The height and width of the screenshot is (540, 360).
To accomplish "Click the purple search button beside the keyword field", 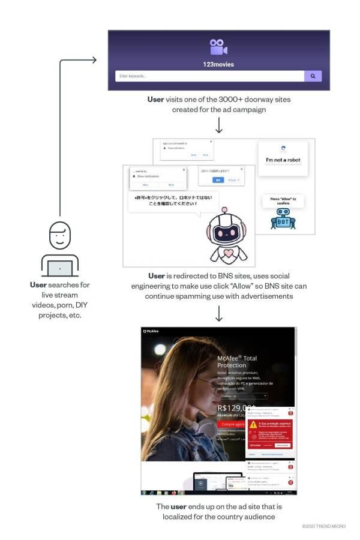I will [x=313, y=76].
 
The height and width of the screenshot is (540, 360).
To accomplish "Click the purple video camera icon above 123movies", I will [x=218, y=47].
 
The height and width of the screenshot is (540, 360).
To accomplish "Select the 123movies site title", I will [x=218, y=64].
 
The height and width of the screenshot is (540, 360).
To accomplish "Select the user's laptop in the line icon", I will [x=59, y=267].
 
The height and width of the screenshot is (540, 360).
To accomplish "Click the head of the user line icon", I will [x=59, y=235].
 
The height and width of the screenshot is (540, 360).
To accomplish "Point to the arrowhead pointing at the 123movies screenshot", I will [x=94, y=59].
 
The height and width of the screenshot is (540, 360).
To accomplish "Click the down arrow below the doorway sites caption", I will [x=219, y=125].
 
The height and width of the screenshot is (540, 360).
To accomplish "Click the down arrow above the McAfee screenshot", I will [x=219, y=313].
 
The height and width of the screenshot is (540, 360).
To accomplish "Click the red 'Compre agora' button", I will [x=231, y=424].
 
